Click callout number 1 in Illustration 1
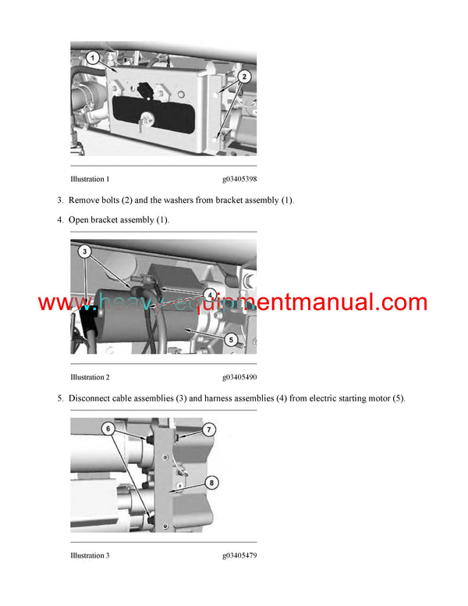(91, 58)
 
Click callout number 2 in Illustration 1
(244, 76)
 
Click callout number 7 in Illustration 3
(209, 430)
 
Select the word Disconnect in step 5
(93, 399)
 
